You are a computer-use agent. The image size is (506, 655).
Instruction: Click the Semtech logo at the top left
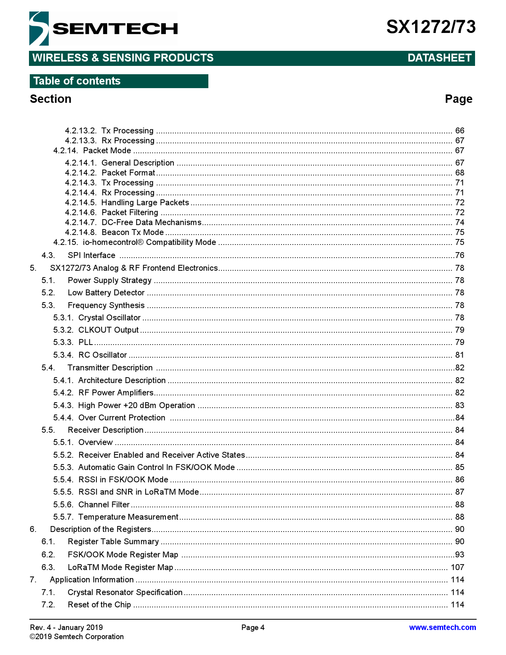pos(103,29)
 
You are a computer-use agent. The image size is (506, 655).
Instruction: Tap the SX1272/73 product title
pos(431,27)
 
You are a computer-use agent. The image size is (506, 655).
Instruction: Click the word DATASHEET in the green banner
pos(439,58)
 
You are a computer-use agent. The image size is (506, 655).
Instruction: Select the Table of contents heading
pos(77,81)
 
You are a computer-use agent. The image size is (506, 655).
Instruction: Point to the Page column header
pos(458,99)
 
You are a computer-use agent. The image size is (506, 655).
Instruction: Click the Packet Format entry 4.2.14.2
pos(128,173)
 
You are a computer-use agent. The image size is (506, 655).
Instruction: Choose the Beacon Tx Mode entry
pos(133,232)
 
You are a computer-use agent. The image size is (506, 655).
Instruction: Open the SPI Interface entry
pos(91,255)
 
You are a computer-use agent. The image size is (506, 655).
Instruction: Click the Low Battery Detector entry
pos(106,293)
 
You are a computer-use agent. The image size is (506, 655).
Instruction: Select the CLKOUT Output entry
pos(108,330)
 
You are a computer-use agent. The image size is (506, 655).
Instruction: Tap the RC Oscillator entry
pos(102,355)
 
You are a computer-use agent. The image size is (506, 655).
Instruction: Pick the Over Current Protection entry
pos(121,418)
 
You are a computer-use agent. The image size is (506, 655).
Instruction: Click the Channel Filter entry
pos(104,505)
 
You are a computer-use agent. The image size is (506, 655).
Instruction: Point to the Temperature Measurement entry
pos(128,517)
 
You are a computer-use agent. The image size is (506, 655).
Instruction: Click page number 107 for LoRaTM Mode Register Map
pos(457,567)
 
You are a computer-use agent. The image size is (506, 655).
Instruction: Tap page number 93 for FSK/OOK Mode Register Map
pos(460,555)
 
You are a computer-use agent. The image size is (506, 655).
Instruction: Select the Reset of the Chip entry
pos(99,605)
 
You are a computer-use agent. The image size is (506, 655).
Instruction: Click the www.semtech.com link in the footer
pos(442,627)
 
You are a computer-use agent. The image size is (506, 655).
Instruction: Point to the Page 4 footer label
pos(253,627)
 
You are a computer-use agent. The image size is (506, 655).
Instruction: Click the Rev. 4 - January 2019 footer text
pos(66,627)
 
